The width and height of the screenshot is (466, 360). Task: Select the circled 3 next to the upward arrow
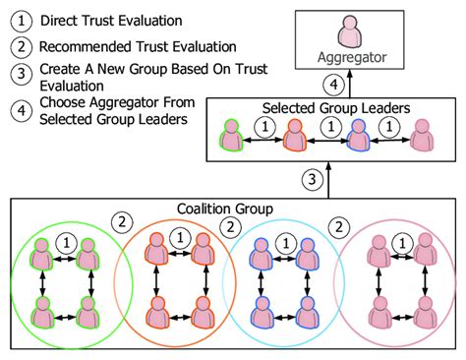click(x=313, y=180)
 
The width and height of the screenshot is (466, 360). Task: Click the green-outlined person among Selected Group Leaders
click(x=231, y=138)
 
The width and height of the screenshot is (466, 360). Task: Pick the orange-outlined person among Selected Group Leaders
click(x=294, y=138)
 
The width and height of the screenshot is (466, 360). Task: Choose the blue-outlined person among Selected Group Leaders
click(x=357, y=138)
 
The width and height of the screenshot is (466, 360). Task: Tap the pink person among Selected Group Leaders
click(x=420, y=138)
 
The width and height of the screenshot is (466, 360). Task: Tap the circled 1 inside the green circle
click(x=66, y=239)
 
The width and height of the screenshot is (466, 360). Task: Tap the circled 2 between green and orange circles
click(x=121, y=222)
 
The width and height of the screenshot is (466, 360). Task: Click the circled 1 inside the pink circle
click(x=402, y=239)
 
